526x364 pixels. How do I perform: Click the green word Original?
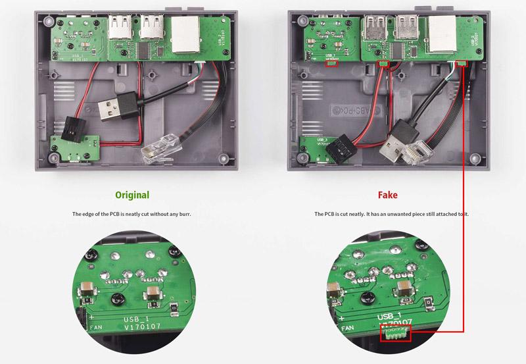tap(132, 195)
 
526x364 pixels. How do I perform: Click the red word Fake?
tap(387, 195)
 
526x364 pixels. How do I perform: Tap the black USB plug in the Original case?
tap(112, 109)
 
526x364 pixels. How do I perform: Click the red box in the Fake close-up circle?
tap(395, 335)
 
